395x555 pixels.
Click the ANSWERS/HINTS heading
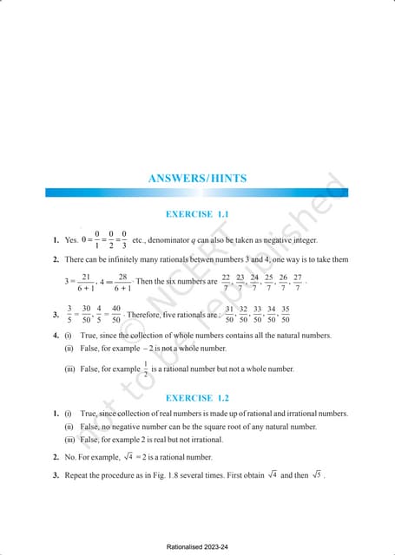click(197, 178)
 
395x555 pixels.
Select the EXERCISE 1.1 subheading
click(197, 213)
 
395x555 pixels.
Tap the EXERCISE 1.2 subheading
click(197, 397)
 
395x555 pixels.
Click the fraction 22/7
click(227, 283)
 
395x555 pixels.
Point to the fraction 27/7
click(298, 283)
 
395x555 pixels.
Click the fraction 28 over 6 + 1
click(122, 283)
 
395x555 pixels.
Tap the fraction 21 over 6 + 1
click(85, 283)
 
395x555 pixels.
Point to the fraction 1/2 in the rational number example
click(146, 369)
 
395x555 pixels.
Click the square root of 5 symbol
click(316, 474)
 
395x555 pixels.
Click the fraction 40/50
click(115, 314)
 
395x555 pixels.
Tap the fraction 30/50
click(87, 314)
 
